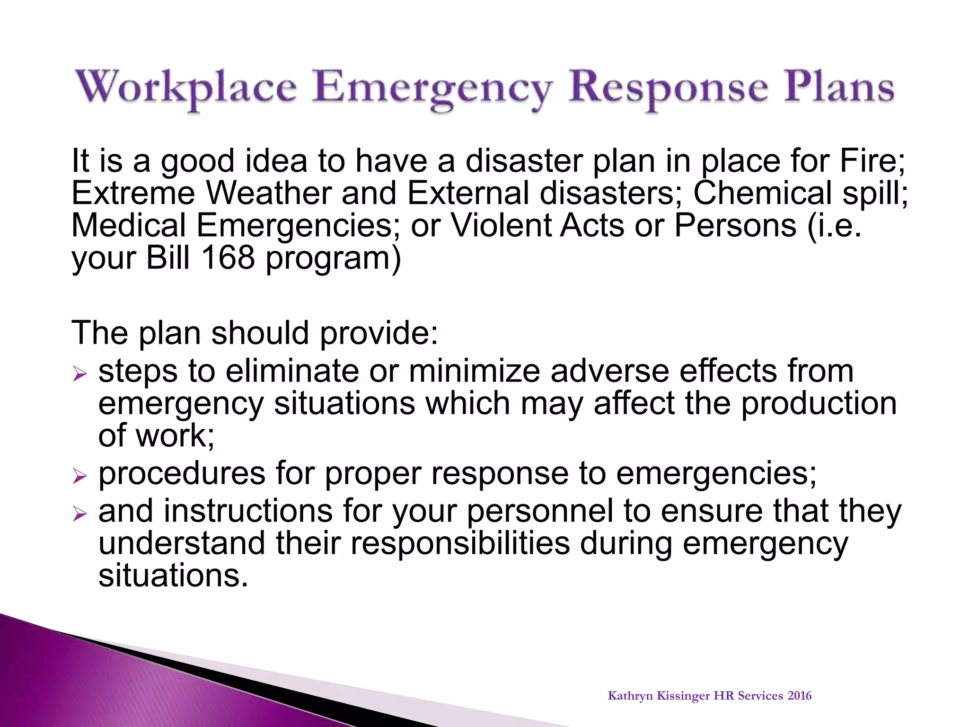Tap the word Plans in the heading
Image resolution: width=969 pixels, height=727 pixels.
[838, 88]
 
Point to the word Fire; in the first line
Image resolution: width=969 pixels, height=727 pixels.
[872, 161]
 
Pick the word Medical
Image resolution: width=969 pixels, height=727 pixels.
[128, 225]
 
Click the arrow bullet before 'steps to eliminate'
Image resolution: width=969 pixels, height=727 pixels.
[80, 375]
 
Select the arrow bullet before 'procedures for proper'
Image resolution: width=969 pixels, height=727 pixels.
[80, 477]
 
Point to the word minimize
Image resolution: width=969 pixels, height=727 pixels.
[474, 371]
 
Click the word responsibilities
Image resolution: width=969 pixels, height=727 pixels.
[460, 543]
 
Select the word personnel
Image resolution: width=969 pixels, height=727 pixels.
[540, 511]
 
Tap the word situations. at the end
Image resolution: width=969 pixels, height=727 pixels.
[173, 576]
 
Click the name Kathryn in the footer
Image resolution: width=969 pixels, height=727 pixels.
[630, 696]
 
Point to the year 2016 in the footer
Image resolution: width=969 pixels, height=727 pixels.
[800, 696]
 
